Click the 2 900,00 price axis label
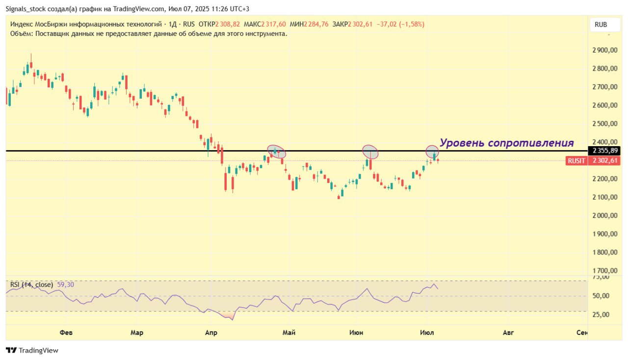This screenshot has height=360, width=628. coord(605,50)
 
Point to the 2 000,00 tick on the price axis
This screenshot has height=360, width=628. coord(605,216)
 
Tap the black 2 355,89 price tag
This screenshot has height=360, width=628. coord(604,151)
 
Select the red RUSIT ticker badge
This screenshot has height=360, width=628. coord(576,161)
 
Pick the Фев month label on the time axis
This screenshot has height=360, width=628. coord(66,333)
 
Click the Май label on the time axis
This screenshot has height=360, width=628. coord(289,333)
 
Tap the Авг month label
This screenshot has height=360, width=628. coord(508,333)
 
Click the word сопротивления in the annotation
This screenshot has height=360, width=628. coord(531,143)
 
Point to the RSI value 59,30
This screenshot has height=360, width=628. coord(66,285)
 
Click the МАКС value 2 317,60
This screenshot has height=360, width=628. coord(274,25)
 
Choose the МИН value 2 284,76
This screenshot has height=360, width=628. coord(316,25)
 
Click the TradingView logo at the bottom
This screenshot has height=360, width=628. coord(32,351)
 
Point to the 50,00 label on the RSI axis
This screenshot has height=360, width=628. coord(601,296)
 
